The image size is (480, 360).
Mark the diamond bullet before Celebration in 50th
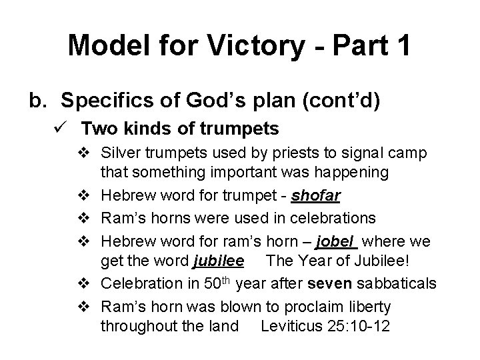pyautogui.click(x=84, y=285)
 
